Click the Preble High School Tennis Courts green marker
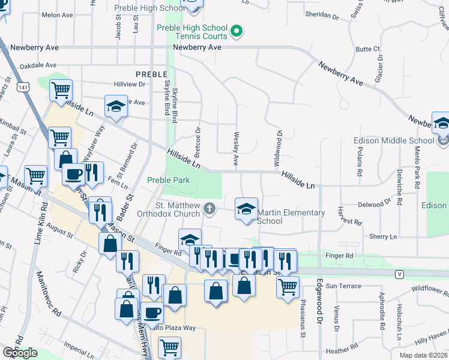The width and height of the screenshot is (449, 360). (x=237, y=31)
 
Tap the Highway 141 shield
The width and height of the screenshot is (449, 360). (x=23, y=88)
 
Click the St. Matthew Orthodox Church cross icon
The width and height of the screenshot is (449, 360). (x=209, y=208)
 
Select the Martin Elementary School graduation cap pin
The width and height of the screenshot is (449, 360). (x=246, y=210)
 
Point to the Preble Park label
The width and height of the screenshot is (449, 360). (x=169, y=180)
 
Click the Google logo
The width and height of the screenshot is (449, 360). (x=20, y=353)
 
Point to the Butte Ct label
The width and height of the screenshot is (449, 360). (x=368, y=49)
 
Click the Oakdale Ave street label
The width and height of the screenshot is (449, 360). (x=38, y=65)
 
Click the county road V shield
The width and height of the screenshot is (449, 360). (x=399, y=274)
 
